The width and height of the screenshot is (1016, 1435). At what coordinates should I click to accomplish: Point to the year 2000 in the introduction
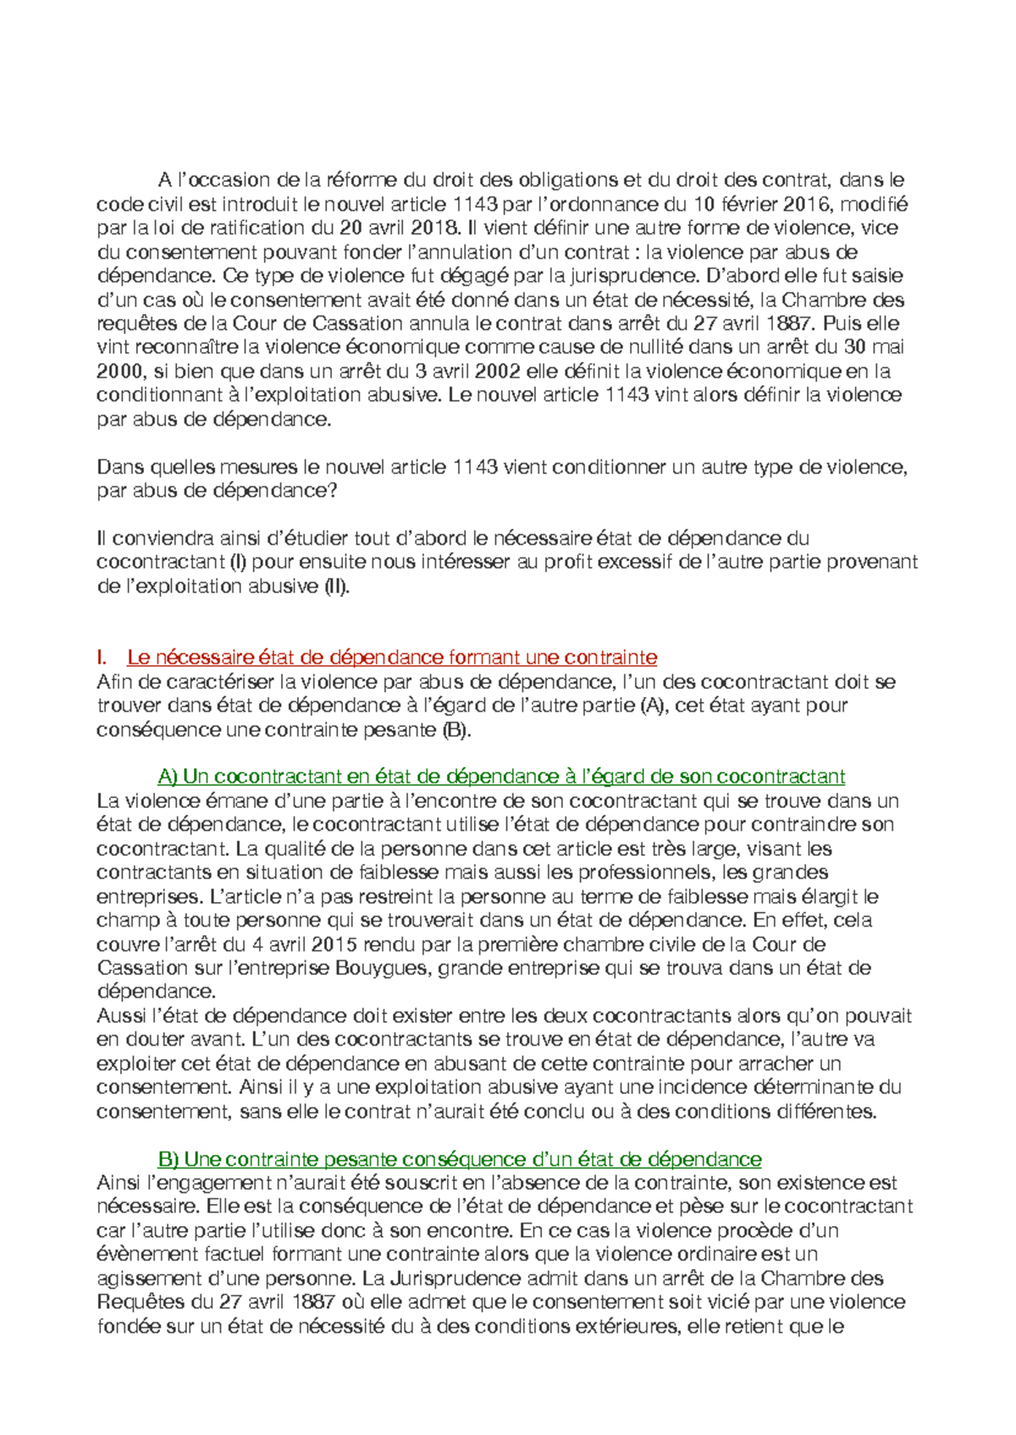pos(119,371)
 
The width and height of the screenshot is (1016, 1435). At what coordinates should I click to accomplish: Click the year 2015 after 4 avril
pos(333,944)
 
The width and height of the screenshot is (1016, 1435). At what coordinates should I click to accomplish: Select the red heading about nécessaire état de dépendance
pos(392,657)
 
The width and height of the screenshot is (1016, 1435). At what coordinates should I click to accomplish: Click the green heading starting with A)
pos(501,777)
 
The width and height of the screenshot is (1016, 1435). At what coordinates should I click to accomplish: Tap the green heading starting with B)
pos(460,1159)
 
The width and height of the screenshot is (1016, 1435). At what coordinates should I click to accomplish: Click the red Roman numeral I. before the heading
pos(102,657)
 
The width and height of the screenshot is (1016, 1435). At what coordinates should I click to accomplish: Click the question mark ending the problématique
pos(332,491)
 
